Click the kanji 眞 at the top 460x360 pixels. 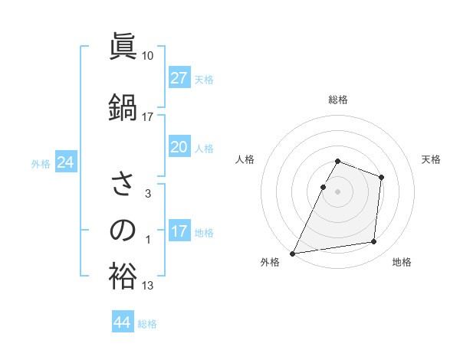coord(123,47)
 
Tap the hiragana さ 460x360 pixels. coord(123,185)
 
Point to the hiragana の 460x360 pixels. coord(123,230)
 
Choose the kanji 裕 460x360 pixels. coord(123,277)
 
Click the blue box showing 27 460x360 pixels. coord(179,77)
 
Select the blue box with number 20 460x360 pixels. coord(179,147)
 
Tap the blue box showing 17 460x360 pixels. coord(179,231)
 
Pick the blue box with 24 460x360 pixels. coord(65,162)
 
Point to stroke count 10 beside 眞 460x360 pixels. coord(148,56)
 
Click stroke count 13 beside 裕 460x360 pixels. coord(148,286)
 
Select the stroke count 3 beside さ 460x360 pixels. coord(148,194)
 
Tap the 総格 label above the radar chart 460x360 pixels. coord(338,100)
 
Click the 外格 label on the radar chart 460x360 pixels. coord(270,262)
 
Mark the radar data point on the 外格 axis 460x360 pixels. coord(293,253)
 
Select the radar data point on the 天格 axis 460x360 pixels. coord(381,177)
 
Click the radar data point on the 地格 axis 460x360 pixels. coord(374,242)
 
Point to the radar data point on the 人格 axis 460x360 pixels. coord(324,187)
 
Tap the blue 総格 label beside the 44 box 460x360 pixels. coord(148,324)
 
